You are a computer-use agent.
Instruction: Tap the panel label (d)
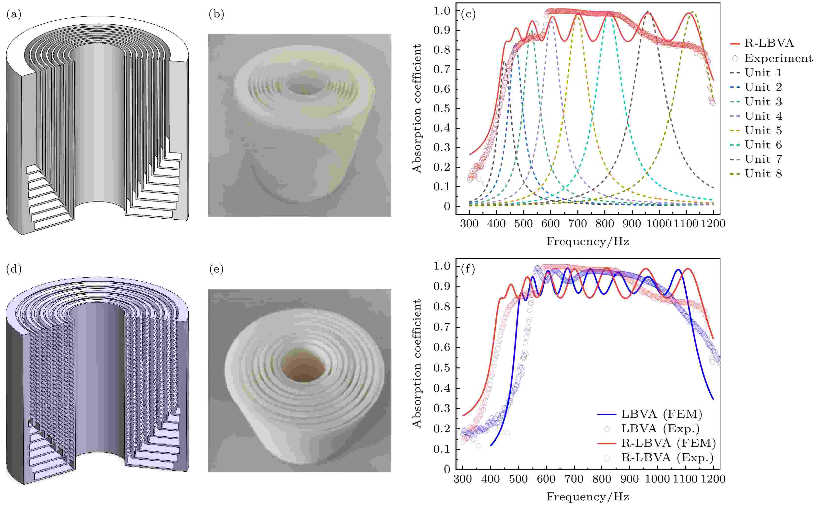[x=13, y=269]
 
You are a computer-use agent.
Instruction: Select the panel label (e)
[x=216, y=269]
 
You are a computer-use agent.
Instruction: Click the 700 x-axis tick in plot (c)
[x=577, y=224]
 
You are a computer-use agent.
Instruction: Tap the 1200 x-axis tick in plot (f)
[x=713, y=479]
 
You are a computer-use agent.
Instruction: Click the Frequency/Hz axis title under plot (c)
[x=587, y=241]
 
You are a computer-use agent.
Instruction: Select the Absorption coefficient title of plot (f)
[x=417, y=364]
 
